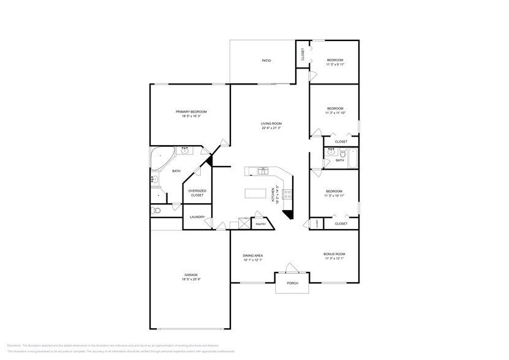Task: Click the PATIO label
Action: pyautogui.click(x=266, y=61)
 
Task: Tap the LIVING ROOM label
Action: pyautogui.click(x=271, y=123)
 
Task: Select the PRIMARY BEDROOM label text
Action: pyautogui.click(x=191, y=111)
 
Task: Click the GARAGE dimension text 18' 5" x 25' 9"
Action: pyautogui.click(x=191, y=279)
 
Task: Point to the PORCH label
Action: pyautogui.click(x=292, y=283)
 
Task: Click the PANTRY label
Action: pyautogui.click(x=261, y=224)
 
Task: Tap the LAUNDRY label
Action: pyautogui.click(x=197, y=217)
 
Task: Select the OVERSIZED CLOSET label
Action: pyautogui.click(x=197, y=193)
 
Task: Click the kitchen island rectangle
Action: pyautogui.click(x=256, y=193)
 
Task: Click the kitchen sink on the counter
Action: pyautogui.click(x=263, y=170)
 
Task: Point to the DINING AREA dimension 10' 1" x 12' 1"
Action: pyautogui.click(x=253, y=260)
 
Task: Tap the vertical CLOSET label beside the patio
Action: pyautogui.click(x=303, y=54)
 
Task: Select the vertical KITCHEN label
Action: pyautogui.click(x=273, y=194)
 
